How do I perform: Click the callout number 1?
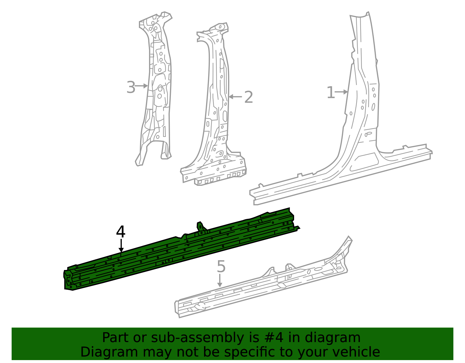coord(330,93)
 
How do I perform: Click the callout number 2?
coord(249,97)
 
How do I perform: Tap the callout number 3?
coord(131,87)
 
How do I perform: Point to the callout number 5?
coord(221,266)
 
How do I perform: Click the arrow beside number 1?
coord(341,92)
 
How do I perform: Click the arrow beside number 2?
coord(235,97)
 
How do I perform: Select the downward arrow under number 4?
coord(121,246)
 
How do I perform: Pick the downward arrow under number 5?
coord(220,280)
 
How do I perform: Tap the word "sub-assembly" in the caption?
coord(198,338)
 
